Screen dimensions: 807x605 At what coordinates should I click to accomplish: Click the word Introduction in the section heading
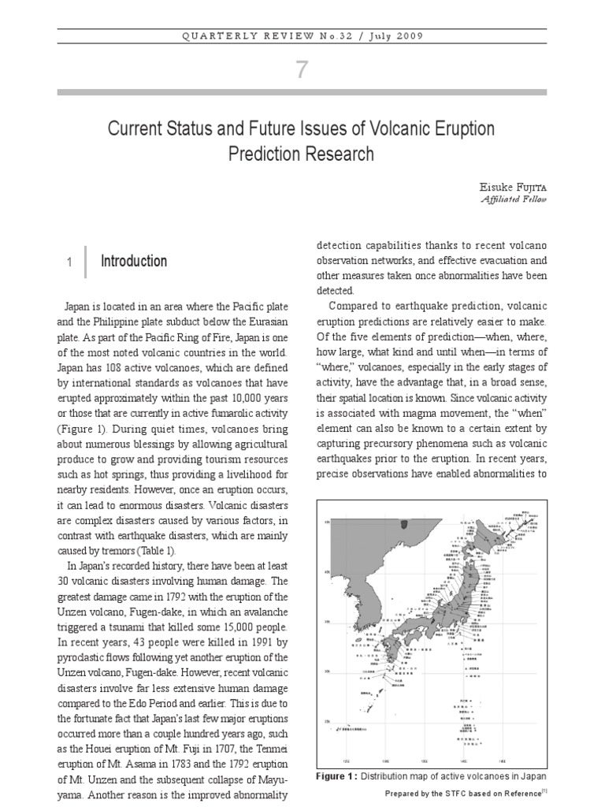(134, 261)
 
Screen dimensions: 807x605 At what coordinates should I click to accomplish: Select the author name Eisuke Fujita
(512, 186)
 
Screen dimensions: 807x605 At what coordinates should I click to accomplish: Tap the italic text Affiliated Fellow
(513, 199)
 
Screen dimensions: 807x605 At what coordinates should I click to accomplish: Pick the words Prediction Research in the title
(302, 154)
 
